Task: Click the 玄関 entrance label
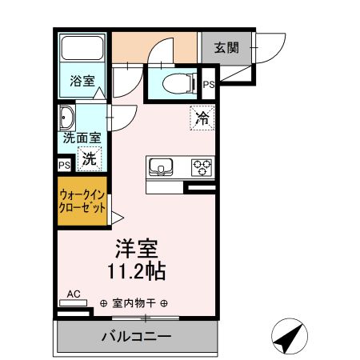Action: tap(226, 47)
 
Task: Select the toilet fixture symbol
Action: tap(177, 82)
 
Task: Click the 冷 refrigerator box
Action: tap(202, 118)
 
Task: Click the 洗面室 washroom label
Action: tap(82, 138)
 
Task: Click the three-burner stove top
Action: tap(202, 167)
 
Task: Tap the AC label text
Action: tap(74, 294)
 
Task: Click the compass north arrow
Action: tap(290, 336)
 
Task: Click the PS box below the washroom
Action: tap(64, 165)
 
